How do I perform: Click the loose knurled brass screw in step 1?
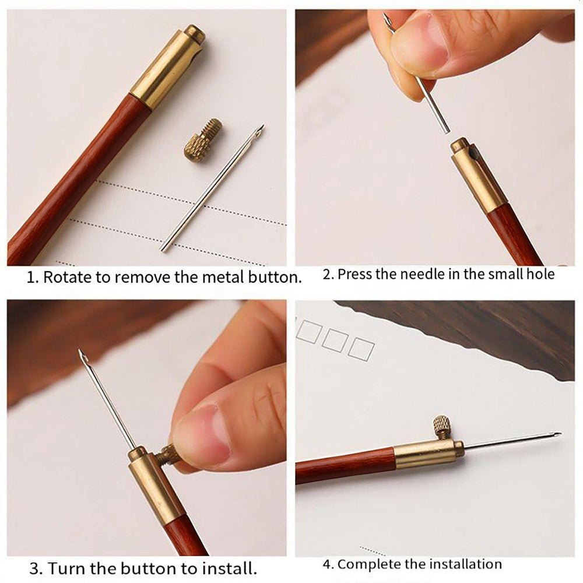tap(203, 138)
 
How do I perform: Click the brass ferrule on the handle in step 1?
tap(168, 68)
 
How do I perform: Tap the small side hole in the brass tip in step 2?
tap(472, 152)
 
